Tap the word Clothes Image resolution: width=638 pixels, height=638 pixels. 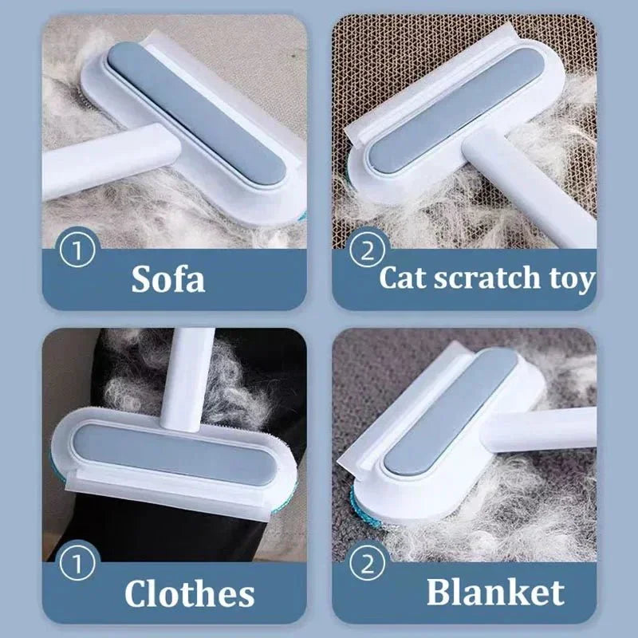(x=189, y=594)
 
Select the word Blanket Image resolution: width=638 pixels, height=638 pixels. (x=494, y=593)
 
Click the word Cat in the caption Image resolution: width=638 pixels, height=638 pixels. (x=406, y=278)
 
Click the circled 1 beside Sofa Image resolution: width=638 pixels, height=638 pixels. (x=78, y=251)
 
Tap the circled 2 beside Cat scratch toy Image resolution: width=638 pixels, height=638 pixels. (x=368, y=252)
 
